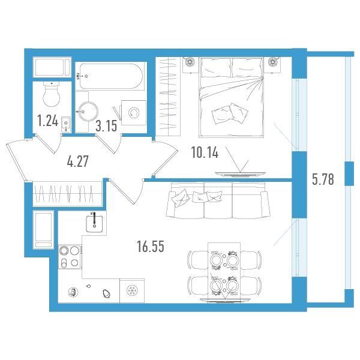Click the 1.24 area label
48,121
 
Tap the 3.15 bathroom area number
106,126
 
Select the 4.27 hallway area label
77,161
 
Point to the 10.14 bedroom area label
205,152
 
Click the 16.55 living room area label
151,247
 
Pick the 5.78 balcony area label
323,179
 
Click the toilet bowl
52,94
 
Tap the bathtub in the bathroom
111,76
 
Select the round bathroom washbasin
88,112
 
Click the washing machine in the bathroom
134,113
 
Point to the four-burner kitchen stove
70,257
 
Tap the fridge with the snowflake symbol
132,290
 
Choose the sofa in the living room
218,200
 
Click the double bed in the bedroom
231,97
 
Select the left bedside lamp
190,62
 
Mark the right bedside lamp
273,62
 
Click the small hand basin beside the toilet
66,124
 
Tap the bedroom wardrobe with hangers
168,97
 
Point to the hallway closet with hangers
67,194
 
